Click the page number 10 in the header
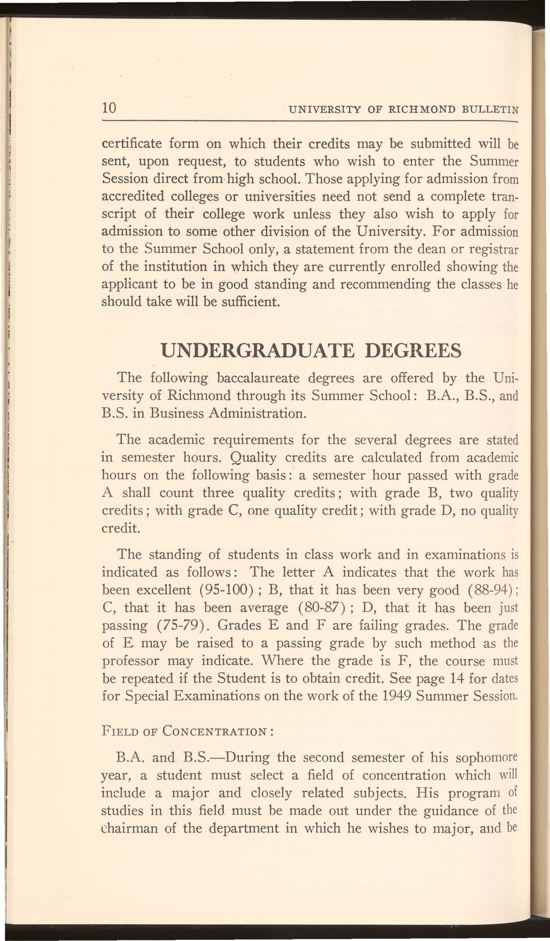110,108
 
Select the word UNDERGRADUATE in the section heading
257,351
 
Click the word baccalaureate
259,378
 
